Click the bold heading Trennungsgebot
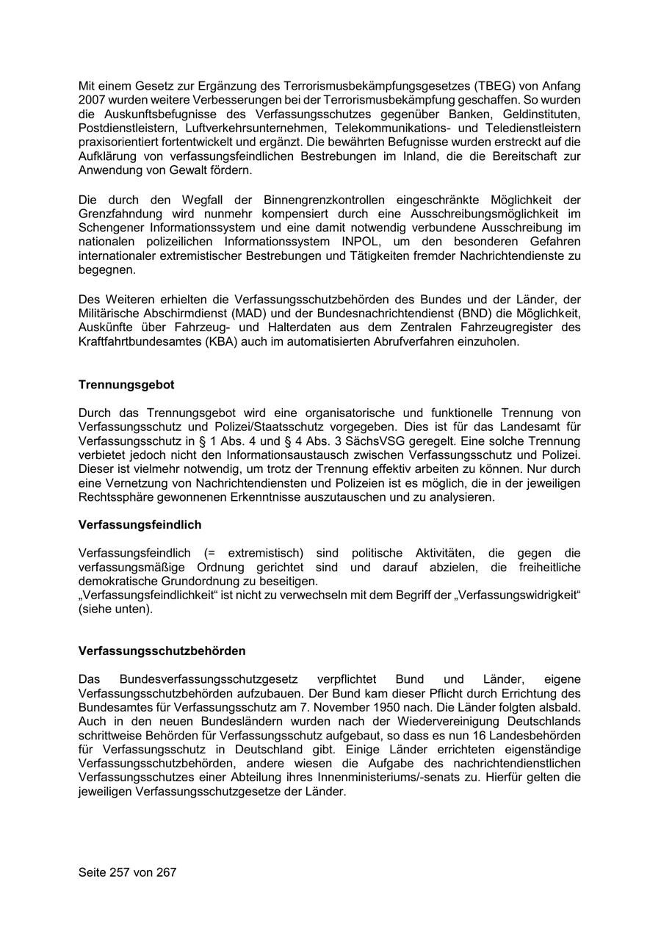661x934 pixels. point(126,385)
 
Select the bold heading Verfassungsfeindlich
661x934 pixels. point(140,525)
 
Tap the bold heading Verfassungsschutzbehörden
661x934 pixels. point(162,651)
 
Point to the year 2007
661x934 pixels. point(93,100)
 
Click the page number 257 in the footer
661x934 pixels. point(119,872)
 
